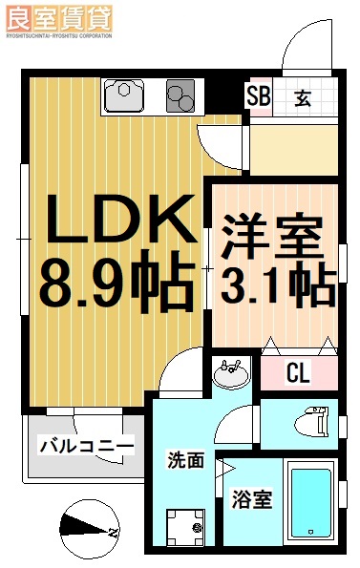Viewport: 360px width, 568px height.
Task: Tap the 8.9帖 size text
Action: tap(114, 283)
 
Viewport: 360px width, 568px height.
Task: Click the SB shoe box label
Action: tap(258, 96)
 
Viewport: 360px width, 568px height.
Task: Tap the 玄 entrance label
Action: tap(302, 96)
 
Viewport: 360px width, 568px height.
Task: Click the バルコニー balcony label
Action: tap(86, 446)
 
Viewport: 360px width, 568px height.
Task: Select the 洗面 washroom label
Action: tap(186, 460)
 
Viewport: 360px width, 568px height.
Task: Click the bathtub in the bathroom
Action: tap(312, 503)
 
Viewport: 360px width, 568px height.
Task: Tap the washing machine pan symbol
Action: tap(184, 524)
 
